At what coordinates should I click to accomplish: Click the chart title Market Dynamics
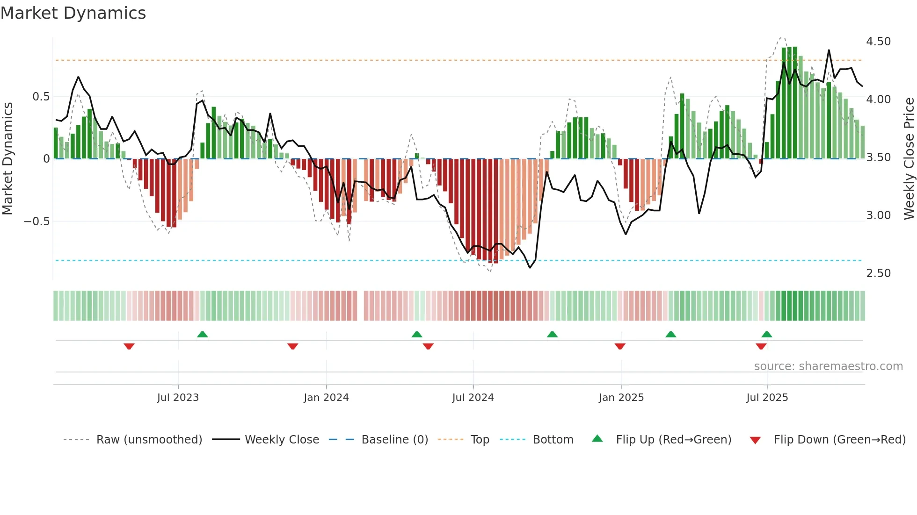[x=73, y=13]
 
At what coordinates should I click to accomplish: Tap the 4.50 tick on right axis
[x=878, y=42]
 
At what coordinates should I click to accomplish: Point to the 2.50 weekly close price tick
[x=878, y=273]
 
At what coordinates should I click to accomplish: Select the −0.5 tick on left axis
[x=37, y=222]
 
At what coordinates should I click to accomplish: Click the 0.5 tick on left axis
[x=41, y=97]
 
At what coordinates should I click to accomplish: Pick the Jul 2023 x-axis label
[x=178, y=398]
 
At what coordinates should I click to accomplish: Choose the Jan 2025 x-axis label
[x=621, y=398]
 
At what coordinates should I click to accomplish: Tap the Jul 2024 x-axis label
[x=473, y=398]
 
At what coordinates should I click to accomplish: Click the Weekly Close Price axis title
[x=909, y=159]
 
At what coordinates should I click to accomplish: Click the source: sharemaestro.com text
[x=828, y=366]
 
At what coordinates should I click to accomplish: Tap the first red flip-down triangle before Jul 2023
[x=129, y=346]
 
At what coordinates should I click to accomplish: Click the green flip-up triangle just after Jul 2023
[x=202, y=334]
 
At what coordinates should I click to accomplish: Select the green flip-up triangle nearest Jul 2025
[x=766, y=334]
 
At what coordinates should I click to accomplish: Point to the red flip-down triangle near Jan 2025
[x=620, y=346]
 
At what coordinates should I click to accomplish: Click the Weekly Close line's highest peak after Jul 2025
[x=829, y=50]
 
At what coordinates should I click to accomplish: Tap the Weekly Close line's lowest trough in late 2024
[x=530, y=268]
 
